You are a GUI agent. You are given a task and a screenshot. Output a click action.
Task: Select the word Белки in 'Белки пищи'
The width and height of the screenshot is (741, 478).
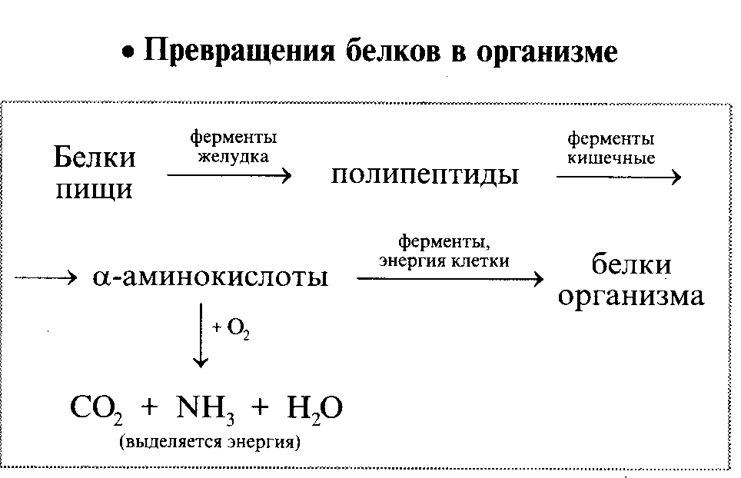click(95, 158)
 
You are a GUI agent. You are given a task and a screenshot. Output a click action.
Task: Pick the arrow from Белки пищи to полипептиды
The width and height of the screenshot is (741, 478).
click(229, 176)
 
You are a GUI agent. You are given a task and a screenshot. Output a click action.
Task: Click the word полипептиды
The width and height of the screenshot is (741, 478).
click(424, 174)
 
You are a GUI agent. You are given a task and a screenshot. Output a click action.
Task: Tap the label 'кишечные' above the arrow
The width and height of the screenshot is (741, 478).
click(610, 158)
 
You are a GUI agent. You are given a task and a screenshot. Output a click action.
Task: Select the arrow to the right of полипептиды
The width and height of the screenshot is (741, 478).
click(618, 178)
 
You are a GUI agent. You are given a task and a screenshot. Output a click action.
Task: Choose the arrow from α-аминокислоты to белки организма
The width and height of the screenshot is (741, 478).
click(450, 278)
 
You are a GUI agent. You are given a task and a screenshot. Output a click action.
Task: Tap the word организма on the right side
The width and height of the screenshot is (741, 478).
click(630, 296)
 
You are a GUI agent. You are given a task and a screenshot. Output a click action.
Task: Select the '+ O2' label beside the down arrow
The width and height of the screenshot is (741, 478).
click(232, 328)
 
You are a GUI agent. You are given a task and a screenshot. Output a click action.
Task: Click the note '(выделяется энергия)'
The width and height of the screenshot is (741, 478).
click(208, 443)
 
